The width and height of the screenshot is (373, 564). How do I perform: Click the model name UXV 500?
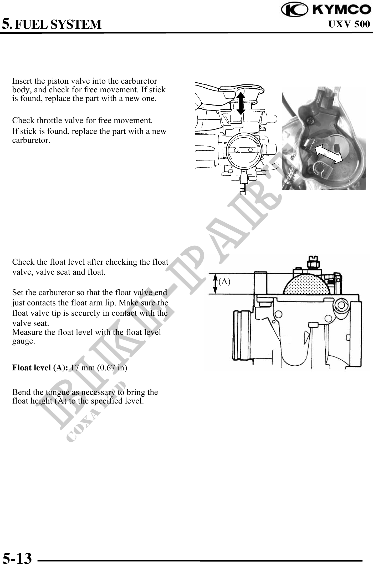click(349, 24)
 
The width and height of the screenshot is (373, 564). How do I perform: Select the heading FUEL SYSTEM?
click(58, 24)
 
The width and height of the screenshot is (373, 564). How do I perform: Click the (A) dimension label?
click(224, 281)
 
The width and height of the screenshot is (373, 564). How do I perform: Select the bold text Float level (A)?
click(40, 367)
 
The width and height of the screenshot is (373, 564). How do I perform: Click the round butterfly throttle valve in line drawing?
click(244, 150)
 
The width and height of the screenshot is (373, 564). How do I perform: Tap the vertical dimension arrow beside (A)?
click(215, 284)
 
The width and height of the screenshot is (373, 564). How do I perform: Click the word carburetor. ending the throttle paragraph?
click(31, 140)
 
